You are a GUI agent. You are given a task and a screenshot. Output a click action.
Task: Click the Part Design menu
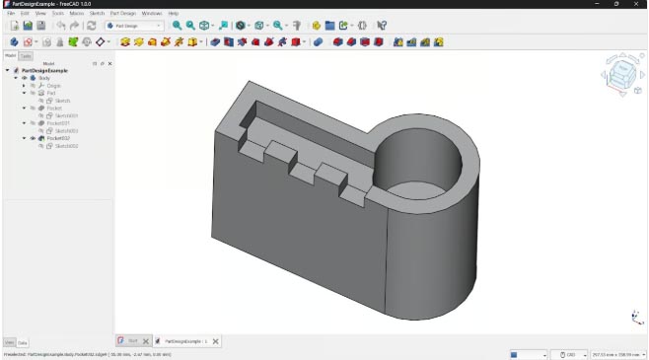(x=122, y=13)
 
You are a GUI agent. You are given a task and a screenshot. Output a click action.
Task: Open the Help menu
(x=173, y=13)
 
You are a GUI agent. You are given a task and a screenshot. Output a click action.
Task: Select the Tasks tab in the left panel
(x=27, y=55)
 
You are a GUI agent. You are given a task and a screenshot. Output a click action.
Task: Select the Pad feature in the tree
(x=50, y=93)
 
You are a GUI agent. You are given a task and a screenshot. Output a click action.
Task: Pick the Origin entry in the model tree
(x=52, y=86)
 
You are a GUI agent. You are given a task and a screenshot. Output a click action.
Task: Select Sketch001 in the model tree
(x=65, y=115)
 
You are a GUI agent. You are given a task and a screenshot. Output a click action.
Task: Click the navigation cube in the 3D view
(x=622, y=74)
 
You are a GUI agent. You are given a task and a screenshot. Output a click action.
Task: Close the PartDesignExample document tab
(x=216, y=341)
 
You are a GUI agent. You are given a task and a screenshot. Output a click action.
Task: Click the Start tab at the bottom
(x=130, y=341)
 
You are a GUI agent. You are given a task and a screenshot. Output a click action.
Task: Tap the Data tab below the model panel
(x=23, y=342)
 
